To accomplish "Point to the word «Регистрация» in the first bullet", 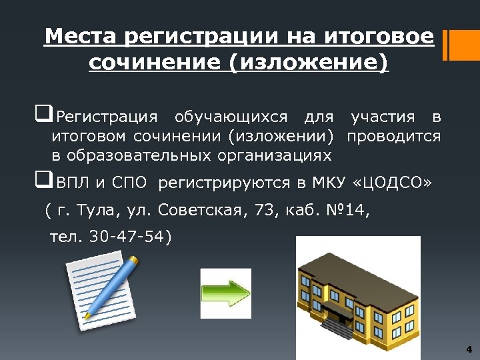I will pyautogui.click(x=107, y=118).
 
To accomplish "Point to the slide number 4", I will pyautogui.click(x=469, y=349).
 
